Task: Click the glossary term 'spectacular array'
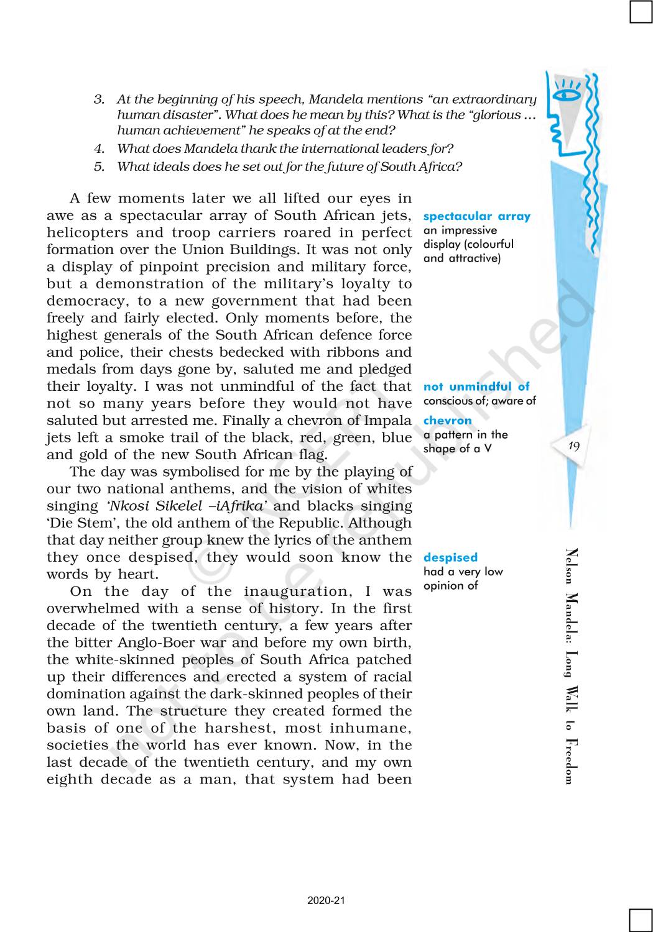tap(476, 216)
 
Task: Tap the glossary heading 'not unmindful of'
tap(476, 386)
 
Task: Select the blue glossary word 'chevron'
tap(447, 421)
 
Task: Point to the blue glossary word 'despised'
tap(450, 557)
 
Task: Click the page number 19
tap(573, 445)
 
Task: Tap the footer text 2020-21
tap(326, 901)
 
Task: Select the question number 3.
tap(99, 99)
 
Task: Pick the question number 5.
tap(99, 167)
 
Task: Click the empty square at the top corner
tap(641, 12)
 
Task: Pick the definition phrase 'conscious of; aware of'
tap(479, 401)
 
